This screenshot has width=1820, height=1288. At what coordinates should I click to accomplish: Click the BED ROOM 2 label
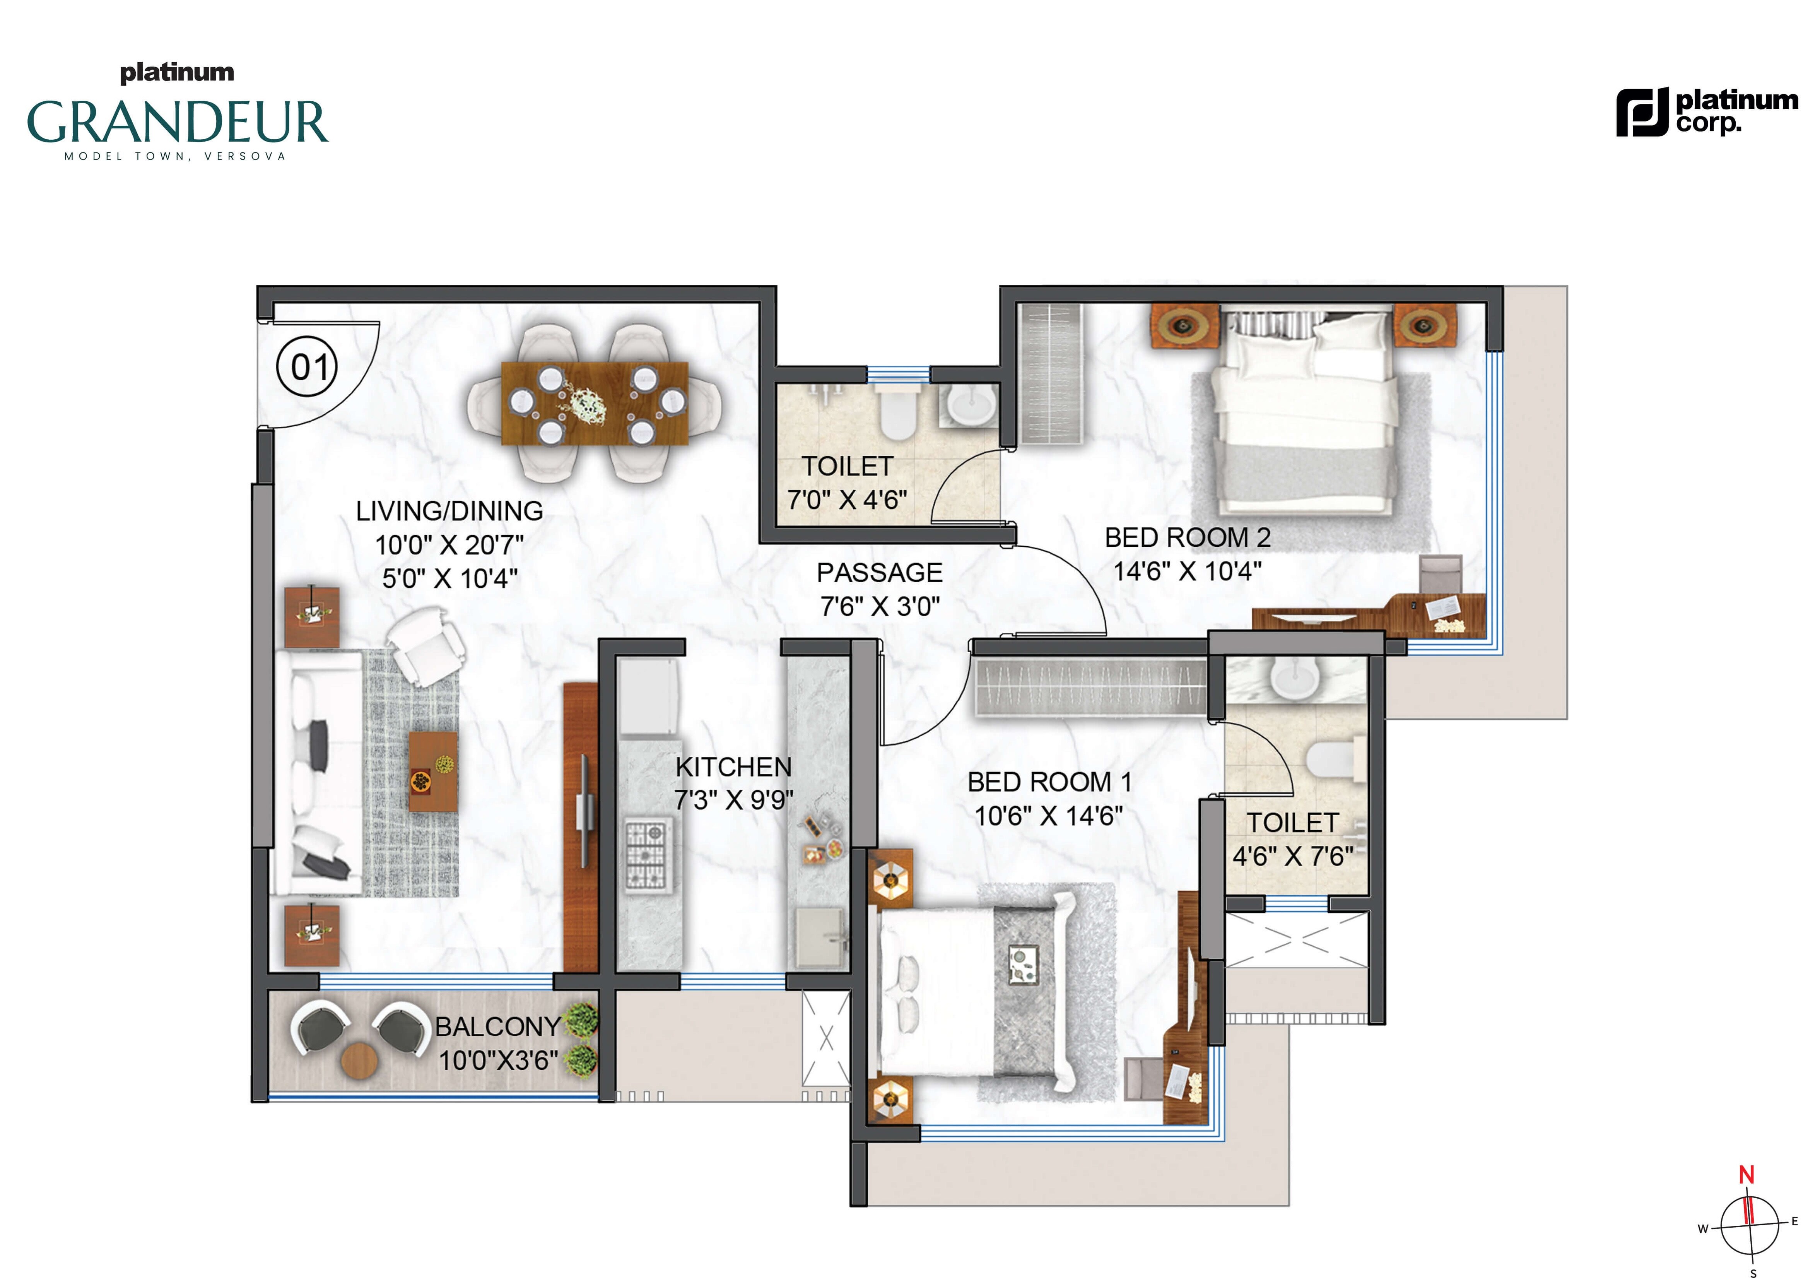(1187, 538)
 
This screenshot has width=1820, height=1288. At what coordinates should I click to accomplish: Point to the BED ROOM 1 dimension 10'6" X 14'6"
(1048, 816)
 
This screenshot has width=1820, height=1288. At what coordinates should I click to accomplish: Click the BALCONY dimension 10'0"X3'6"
(498, 1061)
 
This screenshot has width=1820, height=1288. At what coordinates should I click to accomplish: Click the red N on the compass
(1746, 1175)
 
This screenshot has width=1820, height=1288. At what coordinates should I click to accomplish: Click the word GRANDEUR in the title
(178, 121)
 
